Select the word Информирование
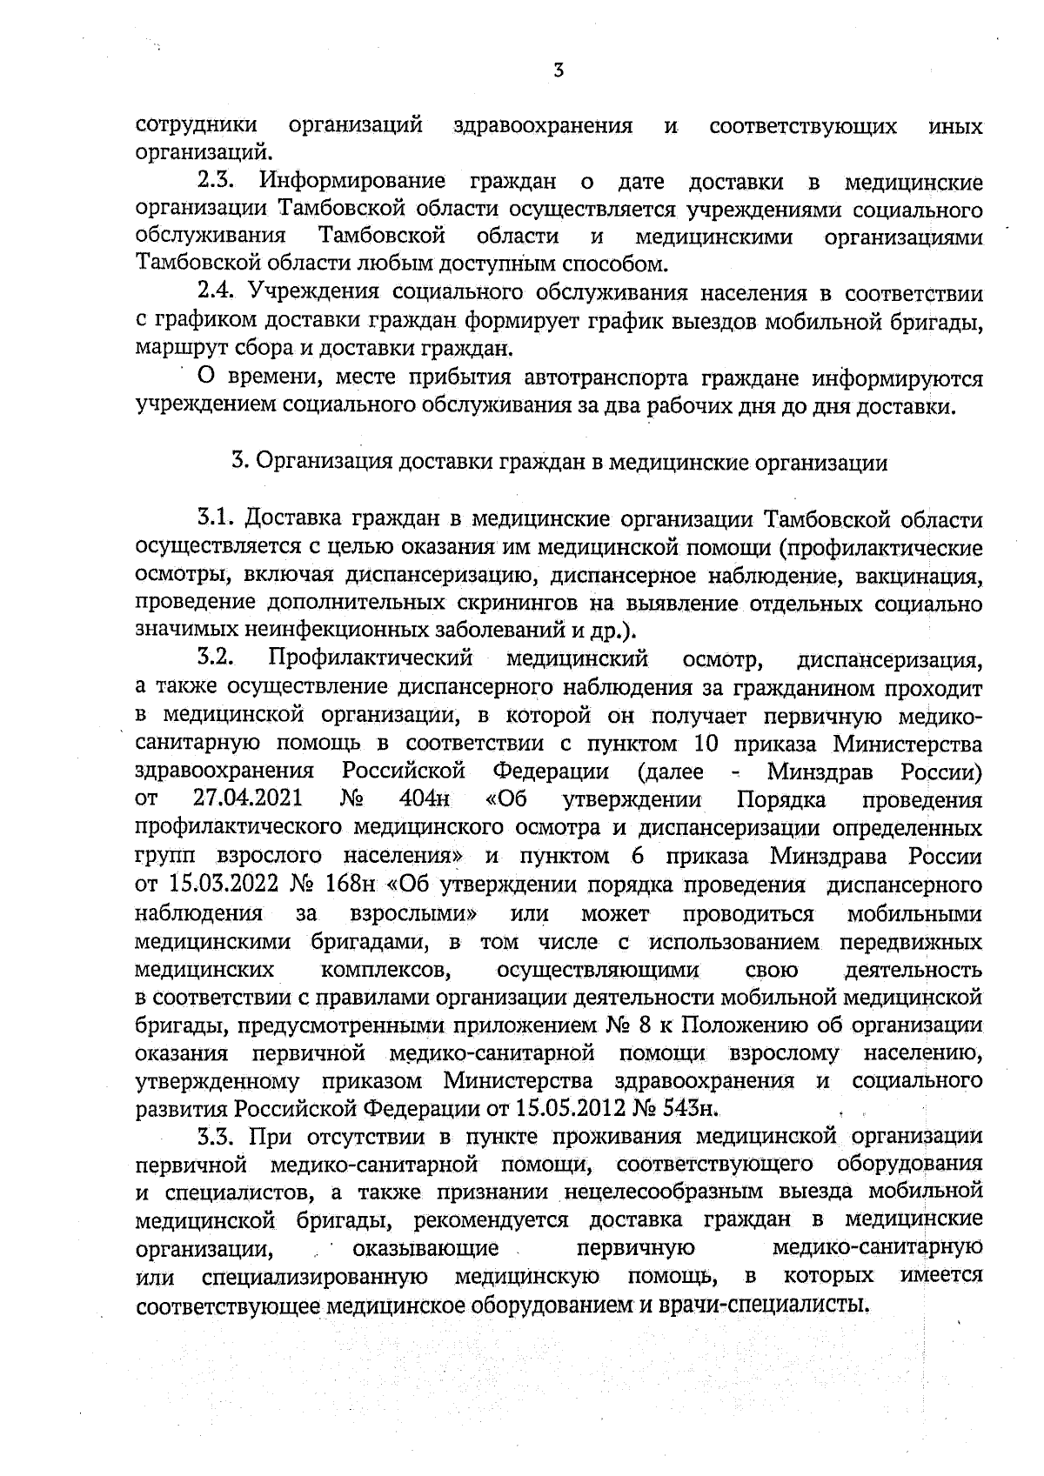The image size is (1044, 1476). [352, 183]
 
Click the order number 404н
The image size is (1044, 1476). [425, 798]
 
